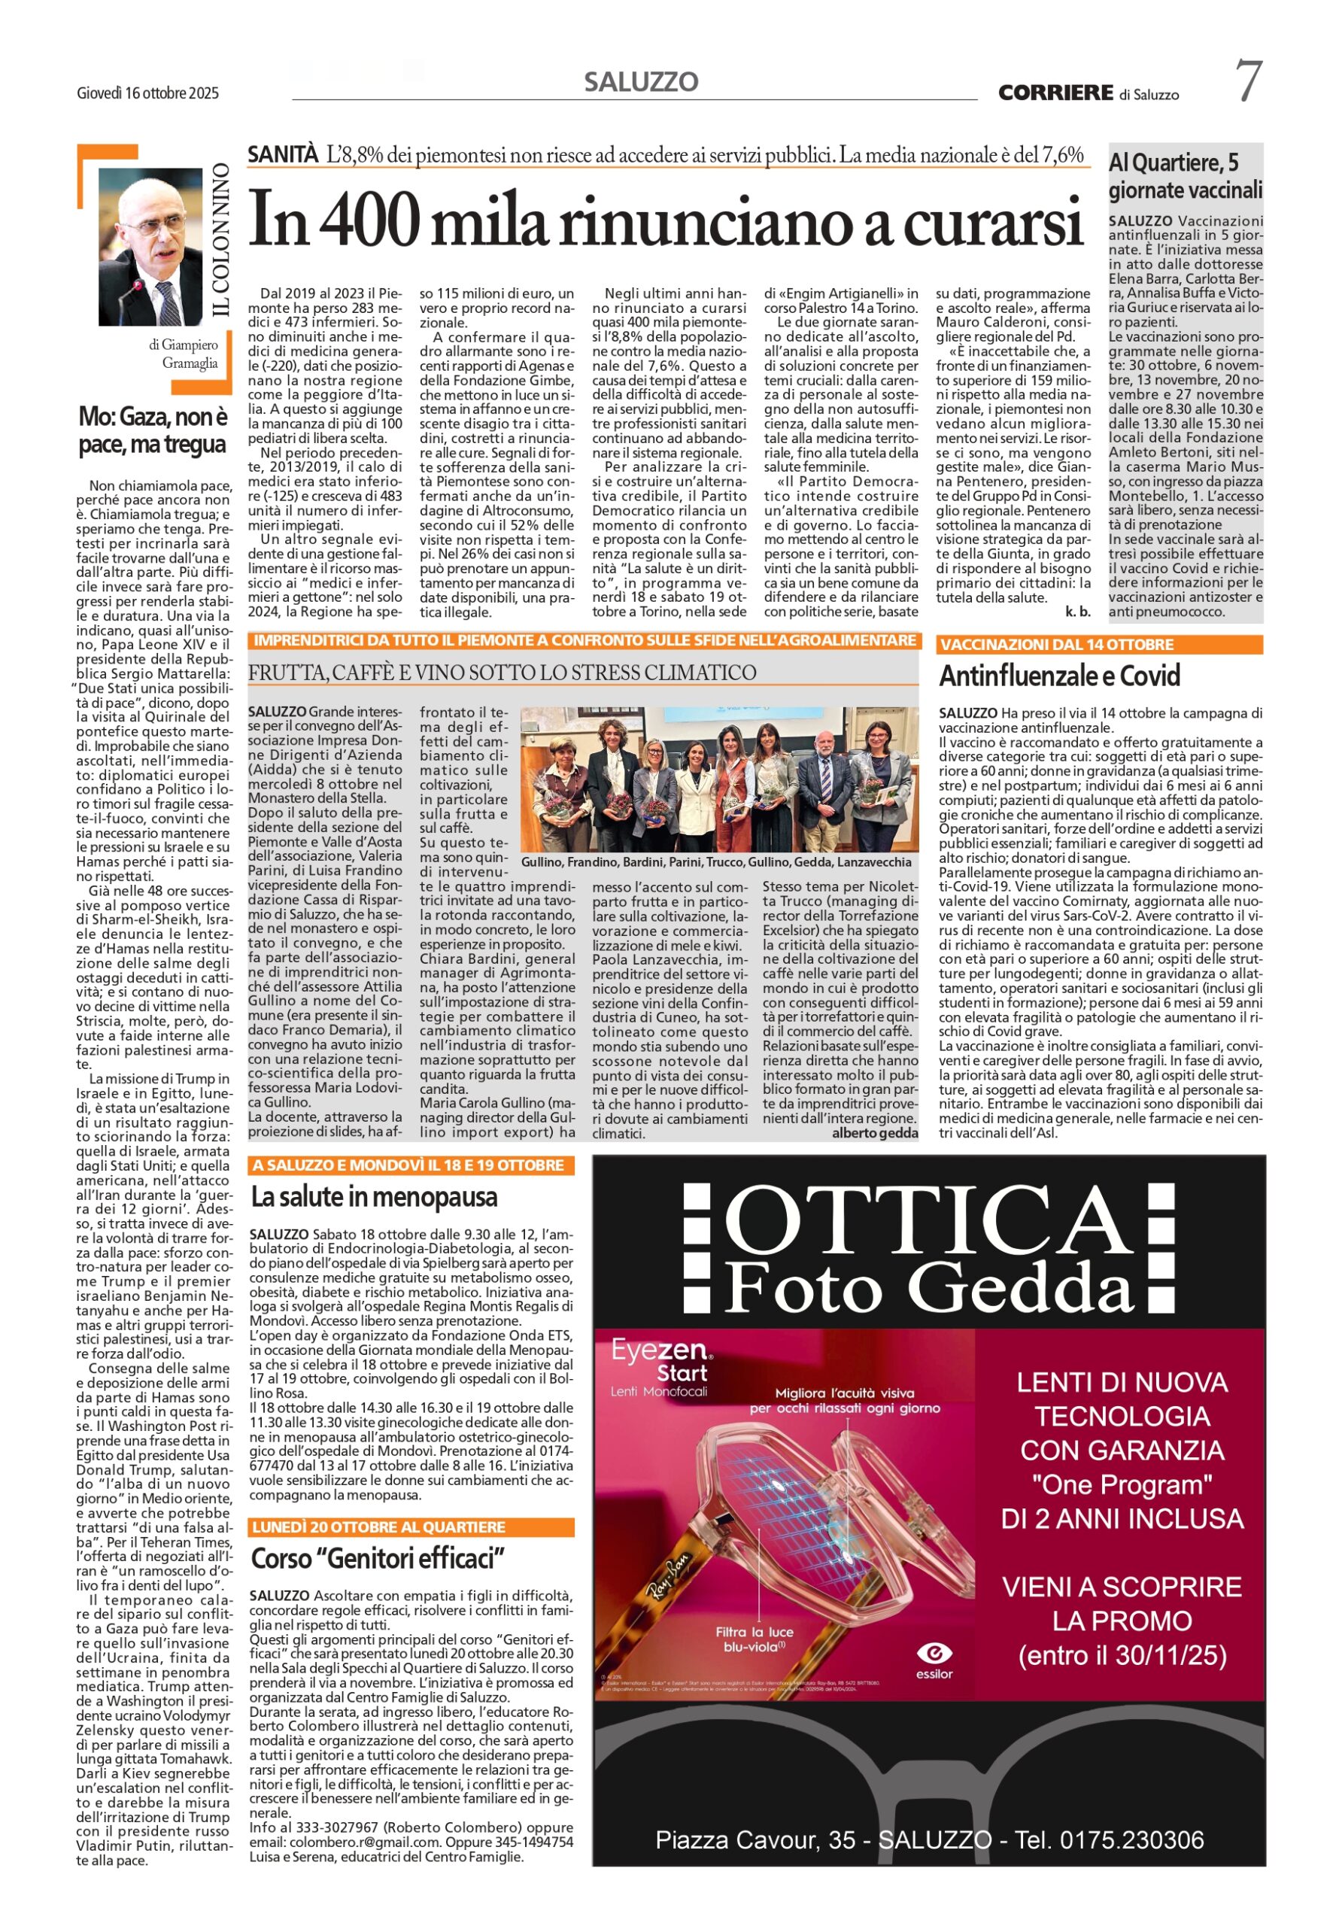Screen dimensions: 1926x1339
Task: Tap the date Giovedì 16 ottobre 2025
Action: pos(147,93)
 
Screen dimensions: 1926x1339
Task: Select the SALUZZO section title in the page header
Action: pos(641,82)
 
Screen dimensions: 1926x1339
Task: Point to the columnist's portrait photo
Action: pos(150,247)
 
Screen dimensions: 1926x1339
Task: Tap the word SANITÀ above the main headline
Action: pos(283,154)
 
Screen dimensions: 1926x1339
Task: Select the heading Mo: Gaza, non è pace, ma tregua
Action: pos(153,430)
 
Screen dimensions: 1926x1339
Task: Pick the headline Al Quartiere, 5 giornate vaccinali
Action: pos(1185,175)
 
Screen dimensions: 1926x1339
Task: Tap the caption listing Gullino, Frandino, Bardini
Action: pos(715,861)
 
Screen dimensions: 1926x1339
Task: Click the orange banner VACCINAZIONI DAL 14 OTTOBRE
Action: pos(1098,644)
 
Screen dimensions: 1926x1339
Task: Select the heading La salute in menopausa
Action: pos(374,1196)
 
